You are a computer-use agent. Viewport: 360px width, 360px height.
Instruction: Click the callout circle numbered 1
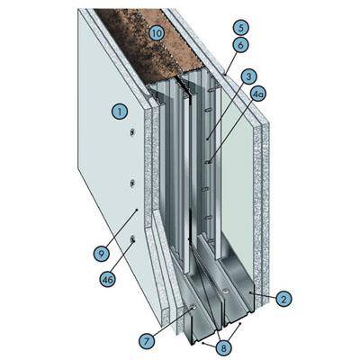pyautogui.click(x=120, y=112)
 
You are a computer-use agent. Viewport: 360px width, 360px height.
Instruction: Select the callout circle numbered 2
pyautogui.click(x=283, y=299)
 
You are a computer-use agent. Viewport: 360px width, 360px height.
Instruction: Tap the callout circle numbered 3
pyautogui.click(x=248, y=76)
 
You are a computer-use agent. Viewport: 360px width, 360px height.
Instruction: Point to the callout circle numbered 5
pyautogui.click(x=241, y=29)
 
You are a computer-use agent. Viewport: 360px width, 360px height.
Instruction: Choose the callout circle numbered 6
pyautogui.click(x=241, y=46)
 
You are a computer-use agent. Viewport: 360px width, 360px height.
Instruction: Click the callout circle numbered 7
pyautogui.click(x=147, y=341)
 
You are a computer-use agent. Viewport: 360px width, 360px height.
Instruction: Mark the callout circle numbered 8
pyautogui.click(x=223, y=348)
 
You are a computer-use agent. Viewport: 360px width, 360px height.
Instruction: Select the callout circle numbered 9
pyautogui.click(x=101, y=255)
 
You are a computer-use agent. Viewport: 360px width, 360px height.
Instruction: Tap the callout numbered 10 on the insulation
pyautogui.click(x=157, y=33)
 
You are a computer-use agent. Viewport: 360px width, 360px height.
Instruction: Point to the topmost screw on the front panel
pyautogui.click(x=132, y=132)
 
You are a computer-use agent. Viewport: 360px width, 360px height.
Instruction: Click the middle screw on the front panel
pyautogui.click(x=132, y=184)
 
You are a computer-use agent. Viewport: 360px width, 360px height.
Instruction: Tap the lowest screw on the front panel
pyautogui.click(x=132, y=238)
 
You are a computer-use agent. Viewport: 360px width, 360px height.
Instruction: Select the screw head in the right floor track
pyautogui.click(x=226, y=291)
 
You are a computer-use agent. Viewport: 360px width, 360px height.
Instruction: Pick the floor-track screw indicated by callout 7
pyautogui.click(x=193, y=306)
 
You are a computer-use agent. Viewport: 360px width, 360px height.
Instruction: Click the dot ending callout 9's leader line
pyautogui.click(x=137, y=210)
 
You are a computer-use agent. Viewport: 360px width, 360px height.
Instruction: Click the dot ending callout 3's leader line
pyautogui.click(x=207, y=139)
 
